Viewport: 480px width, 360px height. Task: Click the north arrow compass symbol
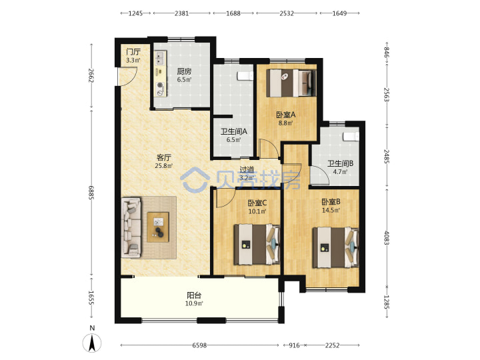point(92,343)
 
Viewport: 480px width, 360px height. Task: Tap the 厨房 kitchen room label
point(184,71)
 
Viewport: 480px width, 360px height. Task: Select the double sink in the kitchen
point(160,58)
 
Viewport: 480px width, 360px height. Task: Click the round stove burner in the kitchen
point(160,85)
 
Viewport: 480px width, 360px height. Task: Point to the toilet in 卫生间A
point(245,75)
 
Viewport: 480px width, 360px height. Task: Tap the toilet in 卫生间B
point(351,137)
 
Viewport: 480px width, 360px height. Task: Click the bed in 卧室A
point(291,83)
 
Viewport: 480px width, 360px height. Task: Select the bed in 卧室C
point(257,245)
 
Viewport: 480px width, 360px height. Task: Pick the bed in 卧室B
point(335,247)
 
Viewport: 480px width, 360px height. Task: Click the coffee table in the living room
point(158,227)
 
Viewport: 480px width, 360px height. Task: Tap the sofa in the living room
point(131,227)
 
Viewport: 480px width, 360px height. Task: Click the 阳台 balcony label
point(194,295)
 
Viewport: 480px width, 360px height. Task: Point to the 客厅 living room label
point(164,157)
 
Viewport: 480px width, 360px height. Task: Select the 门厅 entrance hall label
point(133,52)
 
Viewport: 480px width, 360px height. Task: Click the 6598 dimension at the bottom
point(199,345)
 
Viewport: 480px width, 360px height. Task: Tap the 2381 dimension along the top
point(181,13)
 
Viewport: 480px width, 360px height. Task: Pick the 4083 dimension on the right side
point(387,237)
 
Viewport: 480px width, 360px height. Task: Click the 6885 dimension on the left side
point(91,193)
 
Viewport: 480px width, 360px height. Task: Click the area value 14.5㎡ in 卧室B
point(331,210)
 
